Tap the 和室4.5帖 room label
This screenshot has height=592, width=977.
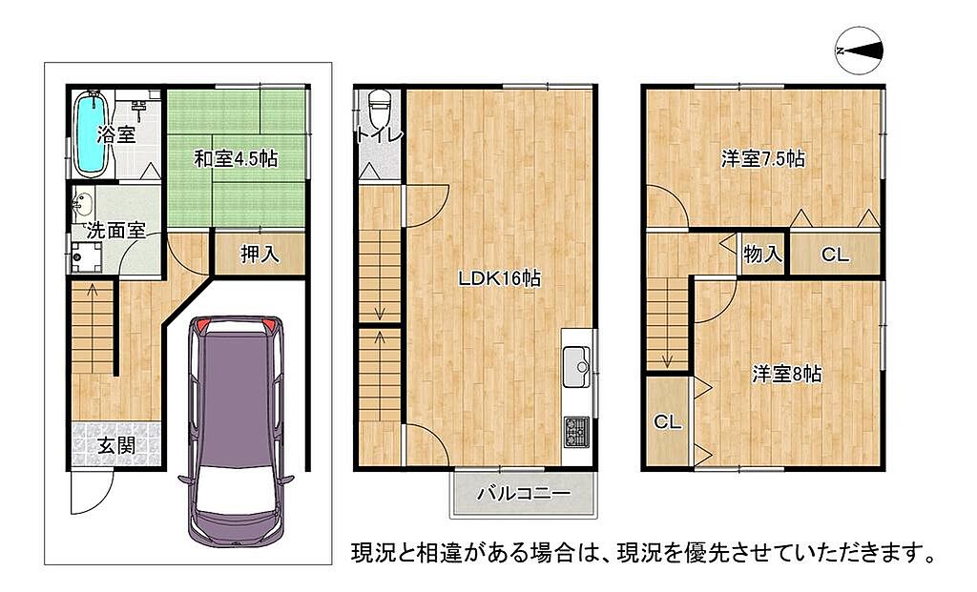pyautogui.click(x=236, y=159)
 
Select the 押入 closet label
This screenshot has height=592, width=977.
pyautogui.click(x=260, y=254)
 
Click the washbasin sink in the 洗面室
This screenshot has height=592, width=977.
pyautogui.click(x=82, y=204)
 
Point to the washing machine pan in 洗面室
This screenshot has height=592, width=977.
pyautogui.click(x=87, y=256)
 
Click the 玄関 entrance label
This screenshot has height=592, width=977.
pyautogui.click(x=116, y=445)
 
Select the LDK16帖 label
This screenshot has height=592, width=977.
pyautogui.click(x=499, y=278)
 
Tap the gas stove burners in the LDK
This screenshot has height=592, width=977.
pyautogui.click(x=576, y=432)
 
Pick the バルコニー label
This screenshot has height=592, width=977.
pyautogui.click(x=524, y=494)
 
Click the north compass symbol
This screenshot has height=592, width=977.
pyautogui.click(x=859, y=51)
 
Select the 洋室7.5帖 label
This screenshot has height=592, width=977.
pyautogui.click(x=762, y=159)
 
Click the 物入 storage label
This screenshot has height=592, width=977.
pyautogui.click(x=762, y=254)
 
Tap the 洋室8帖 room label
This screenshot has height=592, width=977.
pyautogui.click(x=787, y=374)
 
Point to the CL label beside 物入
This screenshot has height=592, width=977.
pyautogui.click(x=835, y=254)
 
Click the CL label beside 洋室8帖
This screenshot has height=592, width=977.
pyautogui.click(x=667, y=422)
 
